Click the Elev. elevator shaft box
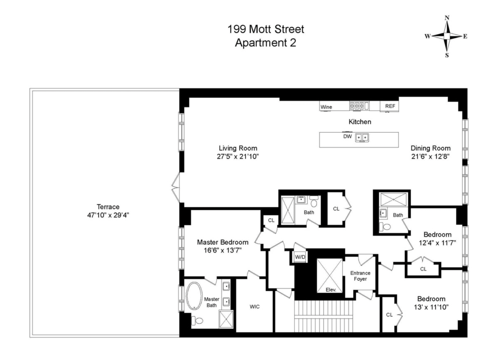point(330,275)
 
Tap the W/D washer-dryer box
point(300,257)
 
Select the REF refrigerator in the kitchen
point(390,106)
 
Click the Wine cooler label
point(326,107)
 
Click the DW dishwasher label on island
point(347,136)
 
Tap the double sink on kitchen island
point(362,137)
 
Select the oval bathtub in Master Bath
point(194,296)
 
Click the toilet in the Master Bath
point(197,321)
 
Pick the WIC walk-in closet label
point(254,307)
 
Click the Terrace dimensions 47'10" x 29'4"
point(108,215)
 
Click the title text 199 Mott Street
point(266,29)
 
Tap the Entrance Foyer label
point(360,276)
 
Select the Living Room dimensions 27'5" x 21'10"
point(238,157)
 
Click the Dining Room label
point(430,148)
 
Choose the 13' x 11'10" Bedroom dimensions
point(431,307)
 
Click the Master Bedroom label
point(222,242)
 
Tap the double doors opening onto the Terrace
point(176,187)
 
